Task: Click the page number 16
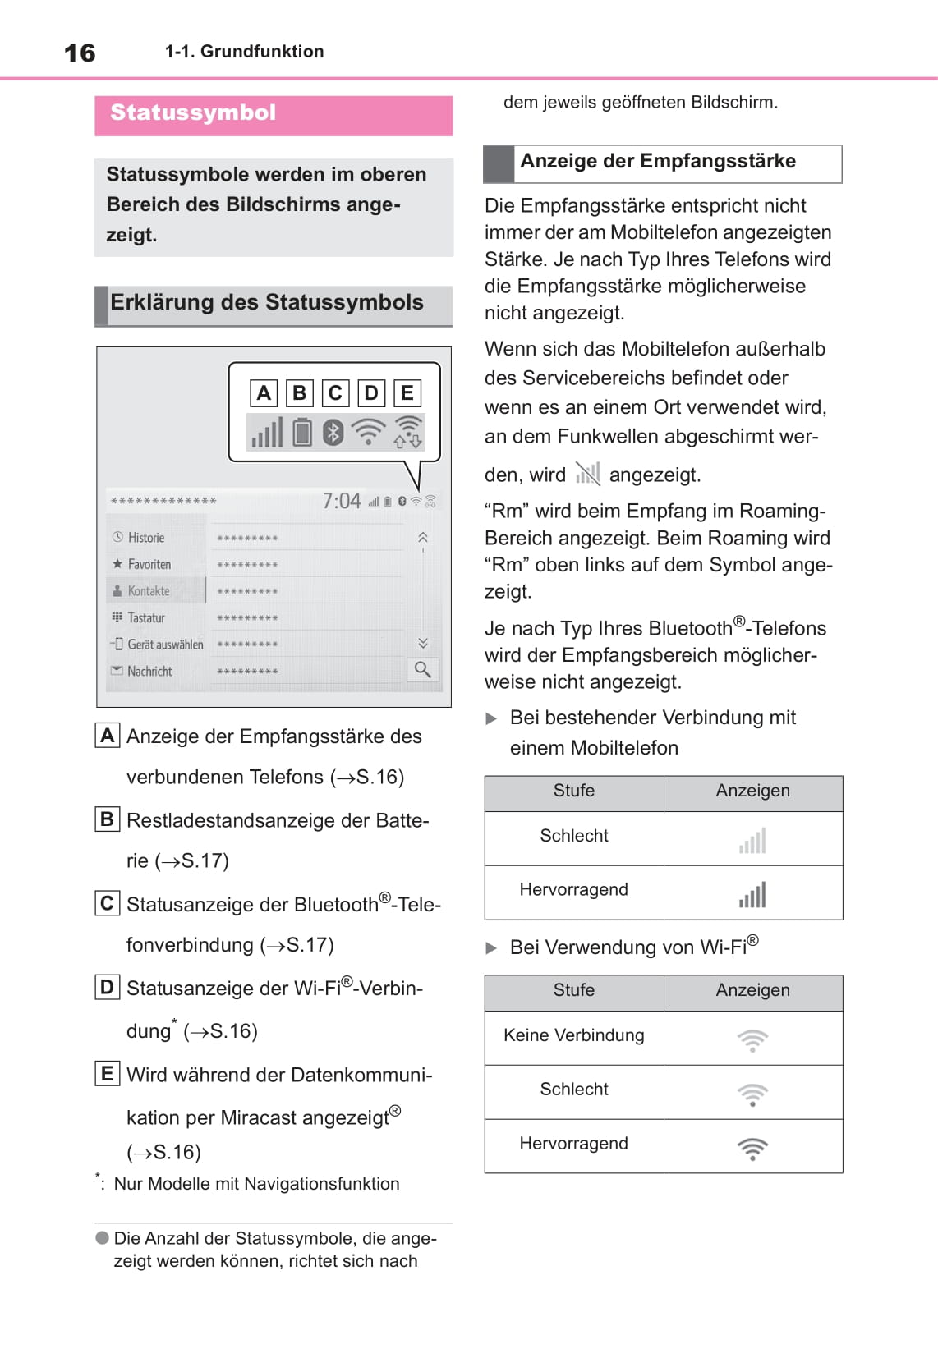pos(80,53)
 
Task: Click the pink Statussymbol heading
pos(193,113)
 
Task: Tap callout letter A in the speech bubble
pos(264,393)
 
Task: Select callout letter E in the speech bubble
pos(407,393)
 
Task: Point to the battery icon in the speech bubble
pos(302,432)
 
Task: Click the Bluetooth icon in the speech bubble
pos(333,432)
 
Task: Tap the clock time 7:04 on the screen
pos(341,501)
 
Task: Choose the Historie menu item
pos(146,538)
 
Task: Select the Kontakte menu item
pos(149,591)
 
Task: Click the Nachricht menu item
pos(149,672)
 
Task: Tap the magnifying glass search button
pos(422,670)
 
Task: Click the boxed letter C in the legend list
pos(107,903)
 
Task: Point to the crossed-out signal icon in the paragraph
pos(587,474)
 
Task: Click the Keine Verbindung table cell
pos(574,1036)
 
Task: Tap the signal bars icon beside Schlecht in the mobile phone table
pos(752,841)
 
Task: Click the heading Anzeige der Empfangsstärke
pos(658,162)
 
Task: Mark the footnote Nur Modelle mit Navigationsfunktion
pos(256,1184)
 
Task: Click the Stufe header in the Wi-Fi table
pos(573,991)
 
